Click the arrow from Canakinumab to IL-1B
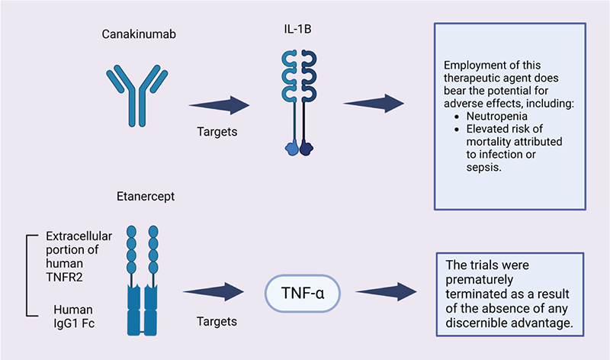[219, 104]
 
